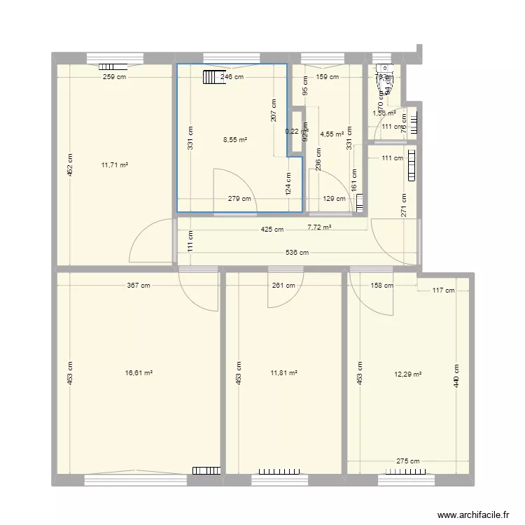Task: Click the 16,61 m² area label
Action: click(x=139, y=374)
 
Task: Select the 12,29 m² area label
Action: click(x=408, y=374)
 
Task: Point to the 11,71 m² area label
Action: click(x=114, y=165)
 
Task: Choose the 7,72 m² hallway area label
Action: click(x=319, y=227)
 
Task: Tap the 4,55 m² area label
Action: click(x=332, y=134)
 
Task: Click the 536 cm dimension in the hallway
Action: click(x=297, y=253)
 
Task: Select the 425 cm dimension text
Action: click(x=272, y=230)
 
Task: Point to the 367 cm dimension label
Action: click(x=139, y=285)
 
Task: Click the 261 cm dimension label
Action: click(x=283, y=285)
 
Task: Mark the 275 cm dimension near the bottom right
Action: click(x=408, y=461)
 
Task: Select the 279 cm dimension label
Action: click(x=239, y=199)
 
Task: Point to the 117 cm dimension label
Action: click(x=442, y=290)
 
